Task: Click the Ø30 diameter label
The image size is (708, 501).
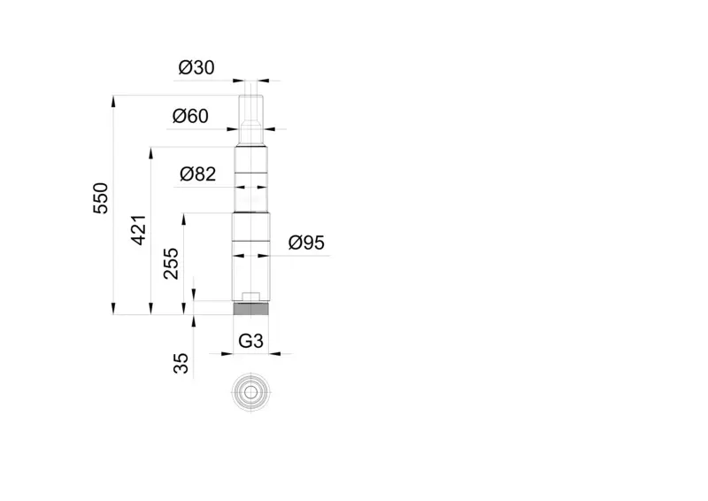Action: (x=196, y=68)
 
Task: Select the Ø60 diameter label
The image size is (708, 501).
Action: (x=190, y=116)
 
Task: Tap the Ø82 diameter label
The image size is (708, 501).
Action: (x=197, y=173)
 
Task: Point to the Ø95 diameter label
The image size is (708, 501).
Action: (x=306, y=243)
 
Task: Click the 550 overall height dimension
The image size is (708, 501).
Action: (x=101, y=198)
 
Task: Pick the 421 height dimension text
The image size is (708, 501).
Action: (x=139, y=230)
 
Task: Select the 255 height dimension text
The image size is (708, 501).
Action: (x=171, y=264)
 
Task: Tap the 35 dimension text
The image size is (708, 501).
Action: (x=181, y=363)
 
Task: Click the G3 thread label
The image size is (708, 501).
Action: (x=250, y=341)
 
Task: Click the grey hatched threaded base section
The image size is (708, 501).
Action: (x=251, y=309)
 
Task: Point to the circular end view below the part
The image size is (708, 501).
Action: (x=250, y=393)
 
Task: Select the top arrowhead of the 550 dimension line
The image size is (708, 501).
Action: (x=113, y=101)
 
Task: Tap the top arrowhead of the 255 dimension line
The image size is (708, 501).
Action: (x=184, y=220)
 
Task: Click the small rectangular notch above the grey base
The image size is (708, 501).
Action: (x=251, y=297)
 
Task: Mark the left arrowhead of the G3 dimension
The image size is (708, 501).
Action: (x=227, y=354)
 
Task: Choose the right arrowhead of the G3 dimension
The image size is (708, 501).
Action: (x=274, y=354)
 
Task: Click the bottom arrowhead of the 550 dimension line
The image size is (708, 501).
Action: (x=113, y=309)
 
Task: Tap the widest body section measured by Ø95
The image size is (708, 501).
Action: (x=251, y=257)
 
